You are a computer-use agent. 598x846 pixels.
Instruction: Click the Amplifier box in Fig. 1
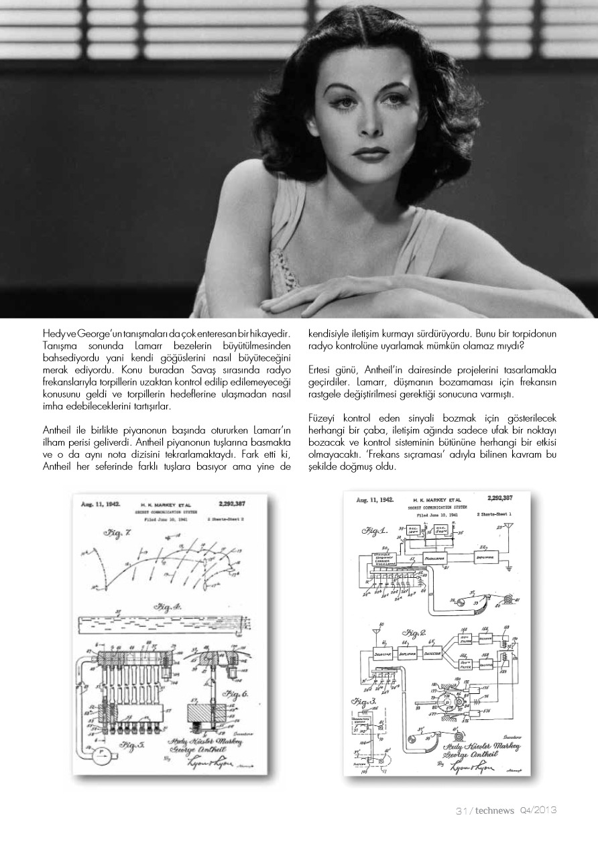[487, 557]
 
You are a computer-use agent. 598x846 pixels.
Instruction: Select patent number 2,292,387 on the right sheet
[500, 498]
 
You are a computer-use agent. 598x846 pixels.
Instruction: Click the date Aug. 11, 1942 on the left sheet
[101, 503]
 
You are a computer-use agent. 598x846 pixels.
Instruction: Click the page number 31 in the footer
[461, 810]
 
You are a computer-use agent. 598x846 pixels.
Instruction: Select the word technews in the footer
[495, 810]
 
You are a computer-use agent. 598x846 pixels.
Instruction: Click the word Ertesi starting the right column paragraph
[320, 370]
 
